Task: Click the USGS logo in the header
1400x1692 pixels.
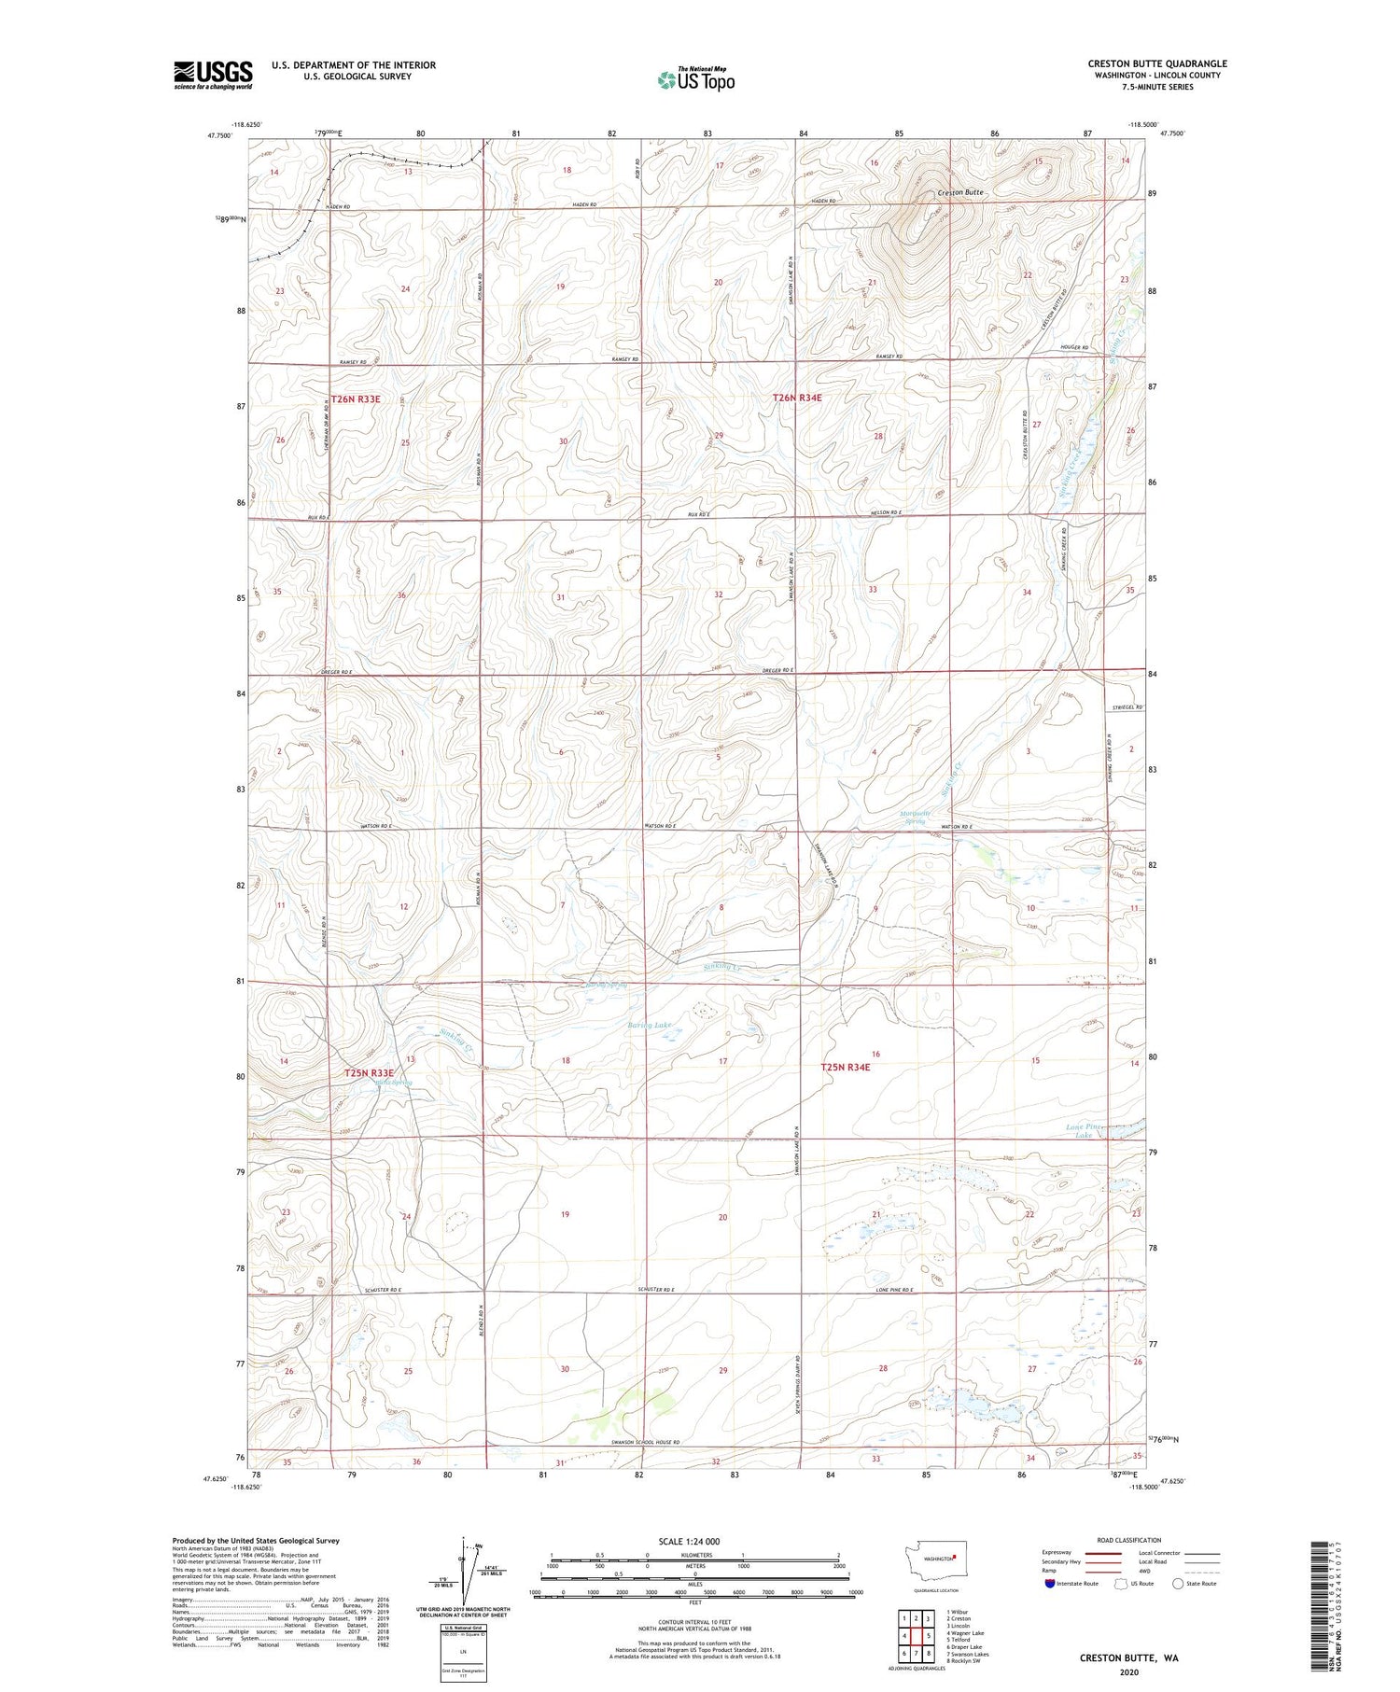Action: [213, 75]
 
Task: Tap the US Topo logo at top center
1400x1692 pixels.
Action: [696, 80]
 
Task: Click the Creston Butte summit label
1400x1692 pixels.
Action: [960, 192]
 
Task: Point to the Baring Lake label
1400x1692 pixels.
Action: [650, 1025]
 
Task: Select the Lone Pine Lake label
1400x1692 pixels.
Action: [1084, 1131]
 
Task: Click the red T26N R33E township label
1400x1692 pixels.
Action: [356, 399]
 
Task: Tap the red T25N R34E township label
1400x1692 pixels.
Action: [846, 1067]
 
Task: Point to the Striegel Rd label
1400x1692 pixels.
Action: [1126, 707]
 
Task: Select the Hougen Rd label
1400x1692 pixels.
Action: [1074, 348]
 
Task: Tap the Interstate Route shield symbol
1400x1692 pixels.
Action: [1050, 1584]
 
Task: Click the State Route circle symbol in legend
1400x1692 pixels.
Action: [1178, 1584]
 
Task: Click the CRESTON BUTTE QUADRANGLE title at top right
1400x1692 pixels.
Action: [1156, 63]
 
